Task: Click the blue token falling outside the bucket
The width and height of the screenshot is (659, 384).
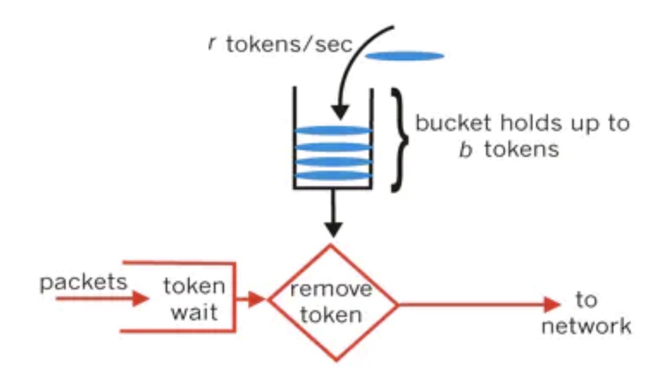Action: tap(405, 56)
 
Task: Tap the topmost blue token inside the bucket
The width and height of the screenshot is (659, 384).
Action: tap(333, 130)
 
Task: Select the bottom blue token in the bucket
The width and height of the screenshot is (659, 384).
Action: tap(333, 175)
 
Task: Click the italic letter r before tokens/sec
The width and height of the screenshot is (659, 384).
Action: tap(212, 44)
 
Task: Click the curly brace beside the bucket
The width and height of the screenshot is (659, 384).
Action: tap(398, 139)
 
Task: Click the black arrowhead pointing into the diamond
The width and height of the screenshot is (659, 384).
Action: tap(333, 230)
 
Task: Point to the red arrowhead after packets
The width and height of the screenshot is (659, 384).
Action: tap(140, 299)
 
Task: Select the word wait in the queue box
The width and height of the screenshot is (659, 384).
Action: tap(194, 312)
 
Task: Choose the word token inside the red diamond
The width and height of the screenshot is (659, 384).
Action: tap(331, 314)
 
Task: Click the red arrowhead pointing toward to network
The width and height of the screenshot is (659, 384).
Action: tap(551, 304)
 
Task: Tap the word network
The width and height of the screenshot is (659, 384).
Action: tap(586, 326)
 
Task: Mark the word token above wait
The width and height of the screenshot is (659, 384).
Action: tap(194, 286)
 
